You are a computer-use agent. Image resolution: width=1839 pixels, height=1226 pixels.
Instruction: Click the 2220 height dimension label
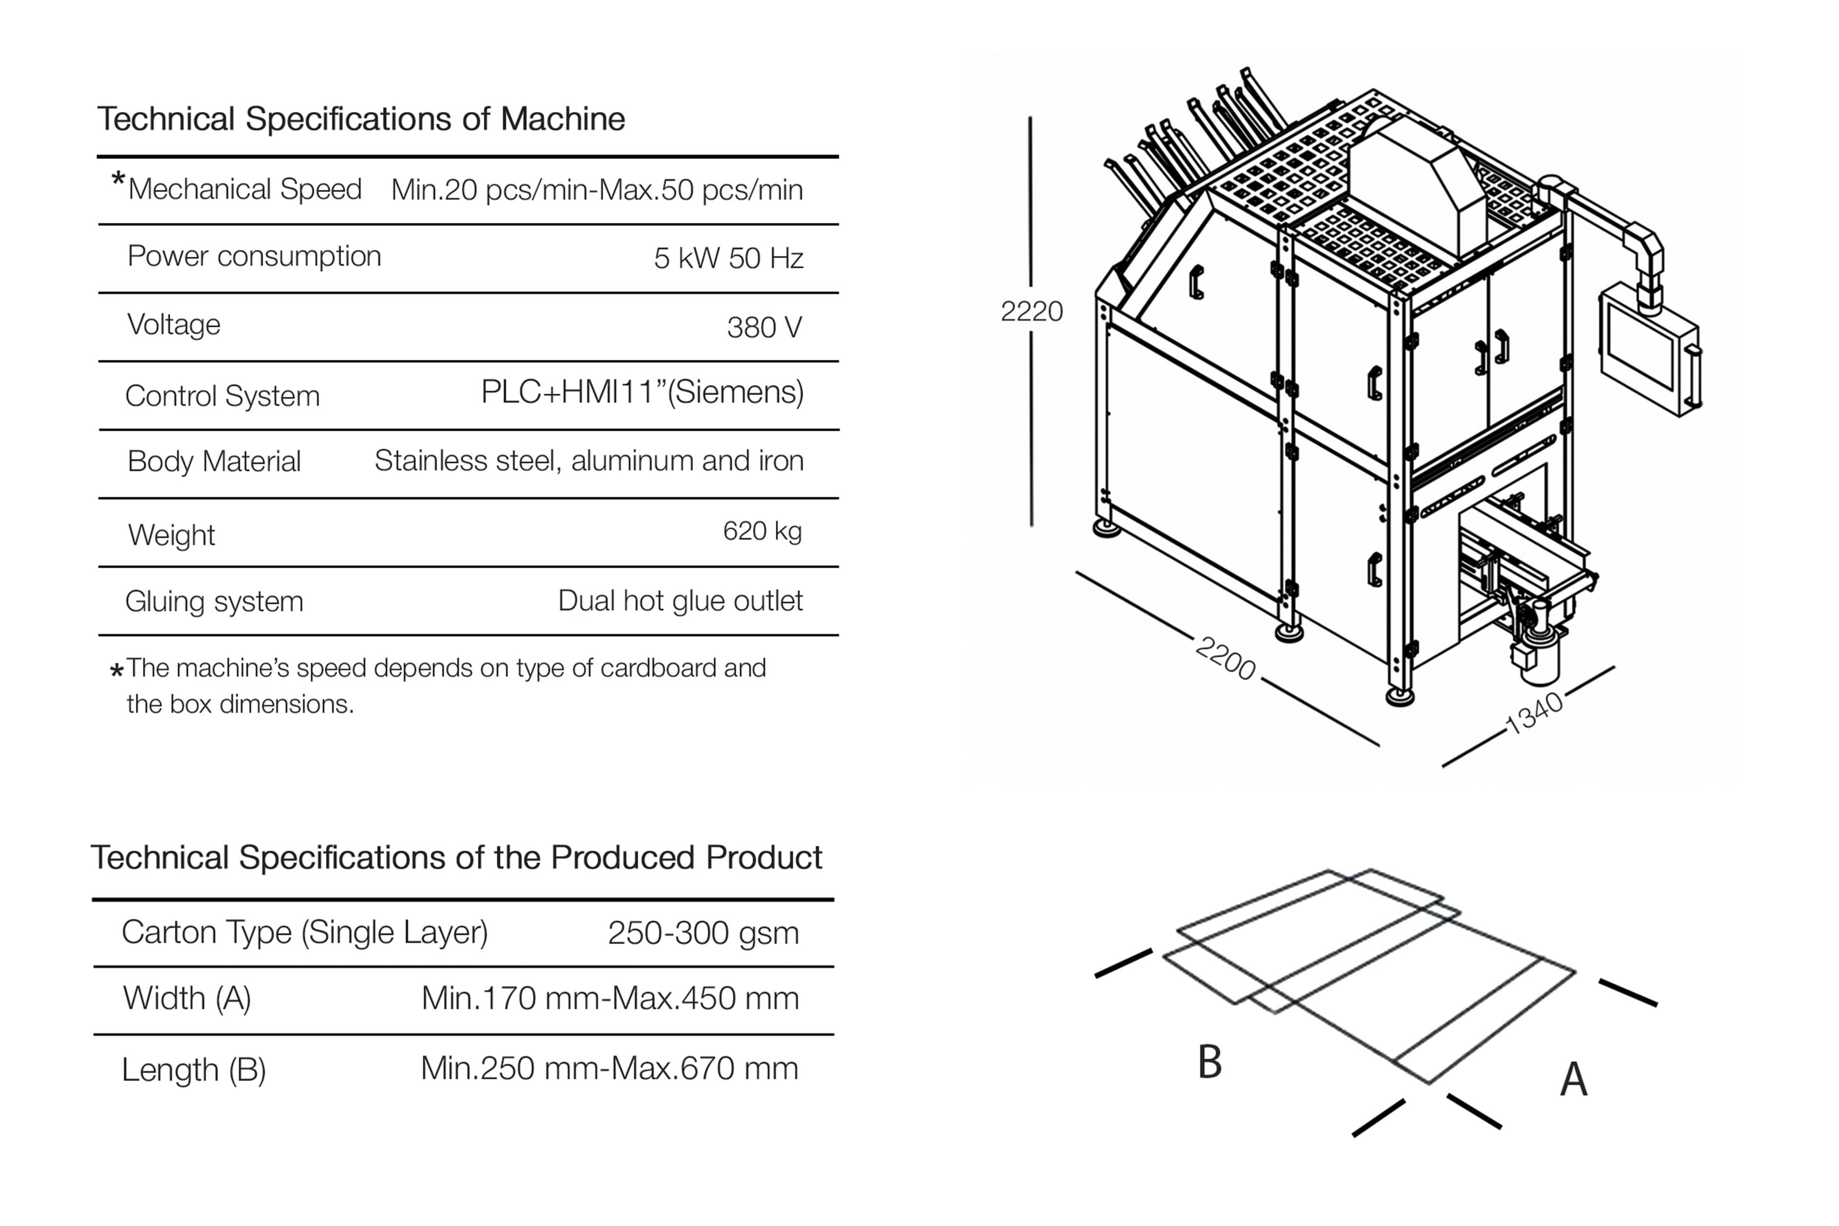tap(1031, 311)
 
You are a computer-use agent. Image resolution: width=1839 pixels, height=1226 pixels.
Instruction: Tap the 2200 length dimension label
tap(1225, 658)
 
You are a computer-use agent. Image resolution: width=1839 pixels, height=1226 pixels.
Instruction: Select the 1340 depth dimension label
tap(1534, 713)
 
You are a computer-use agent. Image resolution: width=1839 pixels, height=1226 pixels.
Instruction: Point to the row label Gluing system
tap(214, 602)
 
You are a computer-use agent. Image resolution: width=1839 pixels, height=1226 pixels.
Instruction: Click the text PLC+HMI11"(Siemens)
tap(642, 392)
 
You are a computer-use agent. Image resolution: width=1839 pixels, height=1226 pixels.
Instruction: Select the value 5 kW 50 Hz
tap(728, 258)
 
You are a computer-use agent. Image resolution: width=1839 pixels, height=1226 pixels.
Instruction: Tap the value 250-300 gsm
tap(703, 933)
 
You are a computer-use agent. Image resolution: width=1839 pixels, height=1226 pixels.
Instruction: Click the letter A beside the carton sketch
tap(1573, 1080)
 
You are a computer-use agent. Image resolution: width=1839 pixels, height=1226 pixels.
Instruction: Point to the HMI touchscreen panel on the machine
tap(1642, 356)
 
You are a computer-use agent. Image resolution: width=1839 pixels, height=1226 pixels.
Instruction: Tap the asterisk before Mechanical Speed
tap(118, 181)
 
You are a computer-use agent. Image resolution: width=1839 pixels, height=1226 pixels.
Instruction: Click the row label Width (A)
tap(187, 999)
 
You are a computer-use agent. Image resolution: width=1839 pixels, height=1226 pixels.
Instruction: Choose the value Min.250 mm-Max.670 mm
tap(609, 1068)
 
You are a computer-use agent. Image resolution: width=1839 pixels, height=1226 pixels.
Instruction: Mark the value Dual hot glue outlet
tap(680, 601)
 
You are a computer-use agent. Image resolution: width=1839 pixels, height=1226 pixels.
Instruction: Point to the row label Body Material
tap(214, 461)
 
